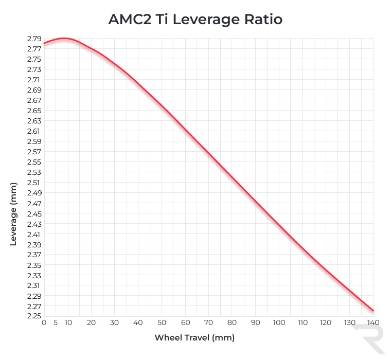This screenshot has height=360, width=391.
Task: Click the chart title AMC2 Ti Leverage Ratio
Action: pyautogui.click(x=195, y=20)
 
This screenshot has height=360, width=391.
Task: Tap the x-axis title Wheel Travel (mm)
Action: pyautogui.click(x=194, y=338)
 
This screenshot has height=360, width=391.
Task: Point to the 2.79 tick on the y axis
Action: pyautogui.click(x=34, y=39)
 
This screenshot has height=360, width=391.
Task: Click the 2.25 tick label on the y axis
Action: pyautogui.click(x=34, y=316)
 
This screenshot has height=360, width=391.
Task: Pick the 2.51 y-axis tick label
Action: pyautogui.click(x=34, y=183)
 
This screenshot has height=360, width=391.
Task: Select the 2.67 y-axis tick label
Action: pyautogui.click(x=34, y=100)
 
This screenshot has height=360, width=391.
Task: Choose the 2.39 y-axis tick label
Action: pyautogui.click(x=34, y=244)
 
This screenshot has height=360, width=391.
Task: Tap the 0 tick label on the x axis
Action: pyautogui.click(x=44, y=323)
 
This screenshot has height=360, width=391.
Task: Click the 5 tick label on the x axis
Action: pyautogui.click(x=56, y=323)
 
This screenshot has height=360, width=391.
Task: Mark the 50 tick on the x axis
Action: pyautogui.click(x=162, y=323)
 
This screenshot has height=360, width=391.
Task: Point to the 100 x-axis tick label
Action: pyautogui.click(x=279, y=323)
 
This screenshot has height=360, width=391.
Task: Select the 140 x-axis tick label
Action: pyautogui.click(x=373, y=323)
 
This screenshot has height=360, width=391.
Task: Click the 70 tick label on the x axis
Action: pyautogui.click(x=208, y=323)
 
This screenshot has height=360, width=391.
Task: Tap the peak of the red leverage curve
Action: pyautogui.click(x=63, y=39)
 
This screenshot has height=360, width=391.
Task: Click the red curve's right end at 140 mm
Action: pyautogui.click(x=373, y=311)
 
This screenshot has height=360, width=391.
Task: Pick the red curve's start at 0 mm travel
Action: pyautogui.click(x=44, y=43)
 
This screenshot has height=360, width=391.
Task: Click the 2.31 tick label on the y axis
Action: pyautogui.click(x=34, y=285)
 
